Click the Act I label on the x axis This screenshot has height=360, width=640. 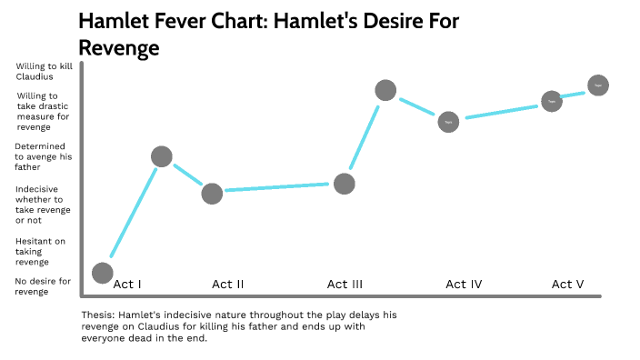tap(127, 284)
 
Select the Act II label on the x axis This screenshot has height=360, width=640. tap(227, 284)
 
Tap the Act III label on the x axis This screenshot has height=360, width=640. tap(345, 284)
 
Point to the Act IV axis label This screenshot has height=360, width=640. tap(463, 284)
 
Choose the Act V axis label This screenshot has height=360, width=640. tap(567, 284)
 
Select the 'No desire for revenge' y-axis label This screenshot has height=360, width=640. tap(43, 286)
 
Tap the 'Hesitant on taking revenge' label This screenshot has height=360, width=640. tap(40, 252)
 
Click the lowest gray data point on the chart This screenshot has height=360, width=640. tap(103, 273)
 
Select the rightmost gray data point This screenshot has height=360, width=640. tap(597, 85)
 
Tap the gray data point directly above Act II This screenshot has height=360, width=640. tap(212, 193)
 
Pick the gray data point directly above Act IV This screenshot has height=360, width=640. tap(448, 121)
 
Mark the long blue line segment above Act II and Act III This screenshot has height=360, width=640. tap(277, 187)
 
